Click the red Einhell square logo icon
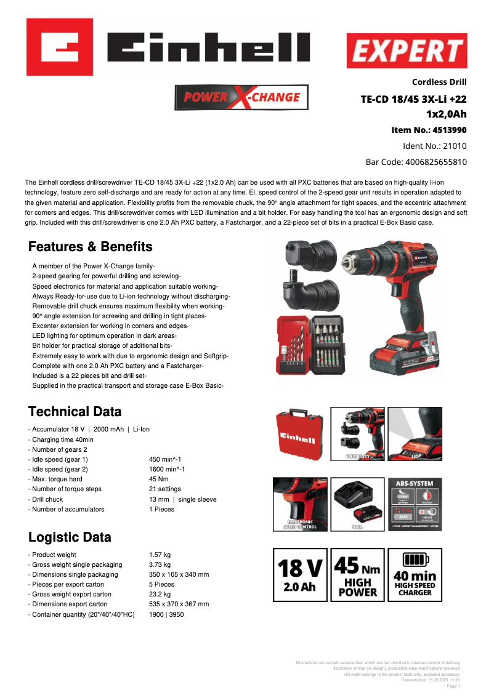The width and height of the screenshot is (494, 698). coord(59,47)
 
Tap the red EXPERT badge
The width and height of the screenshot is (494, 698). coord(407,51)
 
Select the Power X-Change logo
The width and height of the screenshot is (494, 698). coord(241,97)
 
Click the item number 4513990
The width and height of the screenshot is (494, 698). coord(450,130)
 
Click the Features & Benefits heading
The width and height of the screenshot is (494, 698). coord(91,247)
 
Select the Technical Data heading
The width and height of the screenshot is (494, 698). coord(75,411)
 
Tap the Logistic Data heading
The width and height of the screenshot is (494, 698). coord(70,537)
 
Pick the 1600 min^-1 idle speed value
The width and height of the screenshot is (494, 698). coord(167,469)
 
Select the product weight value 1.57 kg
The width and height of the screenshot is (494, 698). coord(160,555)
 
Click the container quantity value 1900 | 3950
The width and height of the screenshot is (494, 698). coord(166,614)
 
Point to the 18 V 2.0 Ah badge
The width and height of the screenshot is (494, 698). coord(300,574)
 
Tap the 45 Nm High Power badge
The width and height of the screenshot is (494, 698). coord(357,574)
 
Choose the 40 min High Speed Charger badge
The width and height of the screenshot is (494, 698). coord(415,574)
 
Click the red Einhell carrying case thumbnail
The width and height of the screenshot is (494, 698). coord(299,434)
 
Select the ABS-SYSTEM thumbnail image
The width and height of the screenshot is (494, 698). coord(415,504)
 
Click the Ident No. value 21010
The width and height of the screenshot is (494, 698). coord(453,146)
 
